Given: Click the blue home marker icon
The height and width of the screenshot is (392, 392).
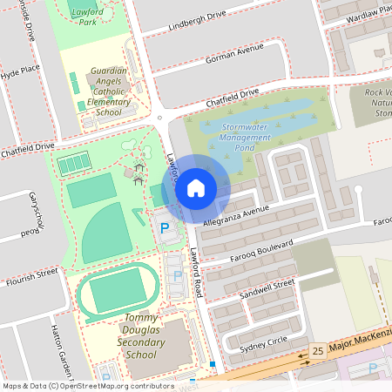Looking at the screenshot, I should pyautogui.click(x=195, y=187).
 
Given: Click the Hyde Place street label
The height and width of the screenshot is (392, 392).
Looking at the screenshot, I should pyautogui.click(x=20, y=69).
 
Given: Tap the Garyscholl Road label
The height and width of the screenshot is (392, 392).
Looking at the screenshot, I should pyautogui.click(x=36, y=213).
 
